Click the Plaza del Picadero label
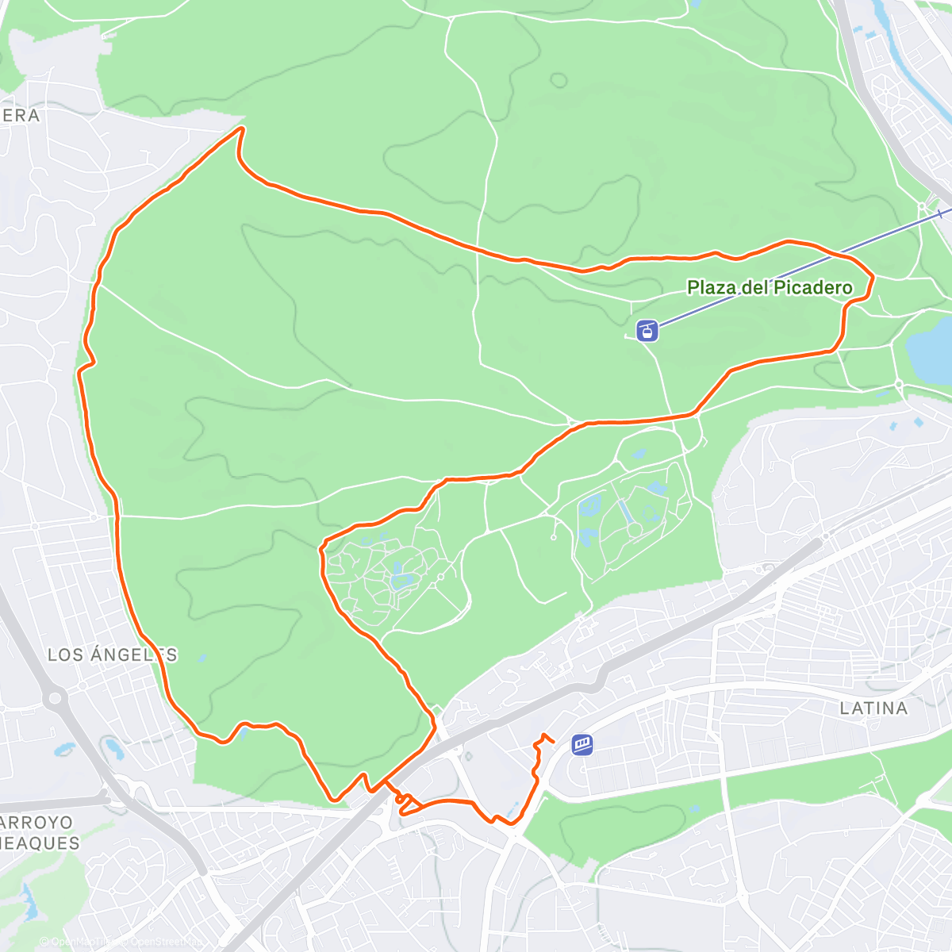[x=769, y=287]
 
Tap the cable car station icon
[x=648, y=330]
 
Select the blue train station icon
[x=582, y=744]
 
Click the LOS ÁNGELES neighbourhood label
[x=112, y=654]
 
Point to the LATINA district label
[x=873, y=708]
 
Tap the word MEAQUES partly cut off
[x=40, y=843]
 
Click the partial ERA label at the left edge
[x=21, y=115]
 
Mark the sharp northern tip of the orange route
[x=241, y=129]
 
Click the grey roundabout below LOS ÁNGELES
[x=55, y=699]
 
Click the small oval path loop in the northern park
[x=559, y=80]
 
